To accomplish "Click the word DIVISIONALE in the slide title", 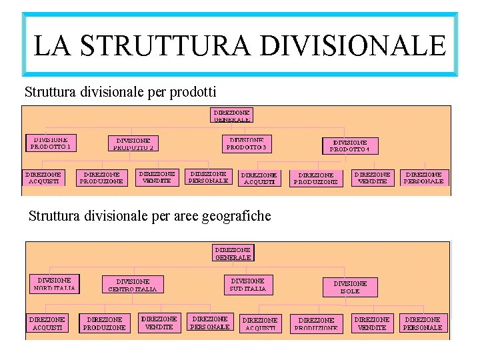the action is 353,45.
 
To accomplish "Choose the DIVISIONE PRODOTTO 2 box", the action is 134,144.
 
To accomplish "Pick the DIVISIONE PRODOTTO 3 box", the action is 247,143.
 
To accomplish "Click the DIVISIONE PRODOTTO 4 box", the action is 349,146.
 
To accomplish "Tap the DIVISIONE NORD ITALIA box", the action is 55,284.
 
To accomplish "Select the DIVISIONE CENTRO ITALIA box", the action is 133,285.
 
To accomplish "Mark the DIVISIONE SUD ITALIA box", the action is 247,285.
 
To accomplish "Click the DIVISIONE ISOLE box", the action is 350,287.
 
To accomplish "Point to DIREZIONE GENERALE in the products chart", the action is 233,115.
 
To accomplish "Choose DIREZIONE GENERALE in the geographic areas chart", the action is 233,253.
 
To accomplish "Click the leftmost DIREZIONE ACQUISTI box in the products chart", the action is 43,178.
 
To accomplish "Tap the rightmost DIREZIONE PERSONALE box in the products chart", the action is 423,177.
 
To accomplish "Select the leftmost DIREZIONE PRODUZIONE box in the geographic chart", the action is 105,323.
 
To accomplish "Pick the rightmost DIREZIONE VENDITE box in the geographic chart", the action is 372,323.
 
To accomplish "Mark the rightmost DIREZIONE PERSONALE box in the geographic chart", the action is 423,323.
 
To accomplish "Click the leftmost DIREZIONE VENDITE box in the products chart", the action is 157,177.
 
